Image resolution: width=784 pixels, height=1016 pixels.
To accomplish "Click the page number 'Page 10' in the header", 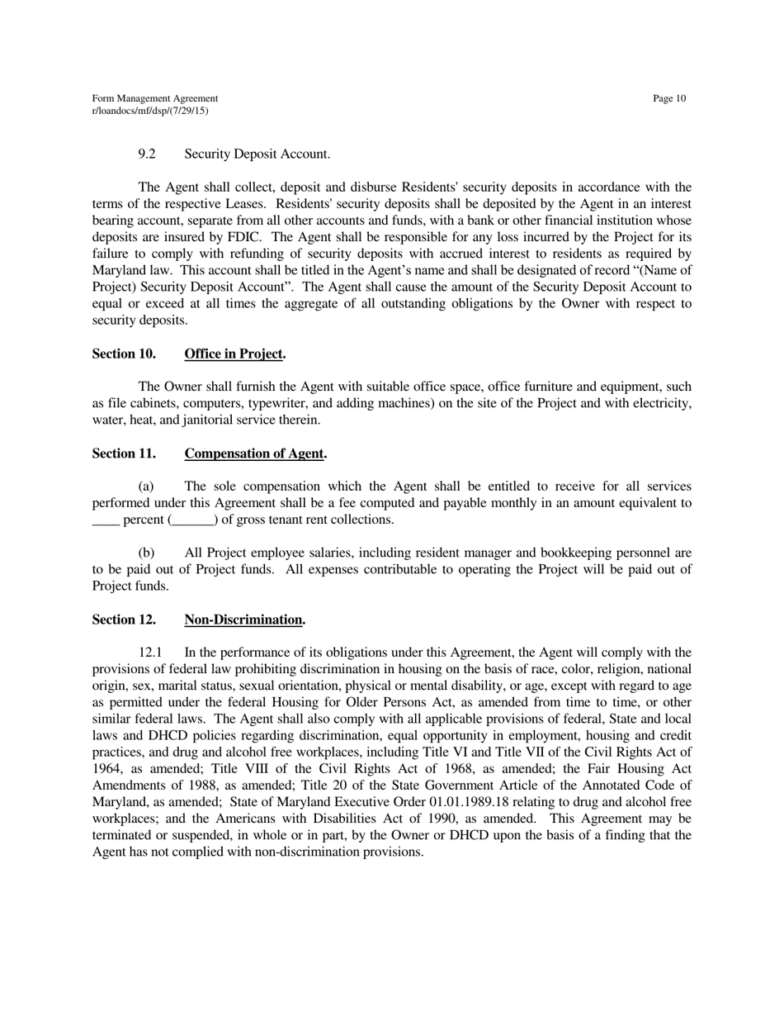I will (668, 99).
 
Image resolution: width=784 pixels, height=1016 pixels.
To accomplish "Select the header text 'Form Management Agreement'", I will (155, 99).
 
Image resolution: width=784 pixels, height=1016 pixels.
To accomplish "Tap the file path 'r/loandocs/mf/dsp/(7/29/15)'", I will (150, 110).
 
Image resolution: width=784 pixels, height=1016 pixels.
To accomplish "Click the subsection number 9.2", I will (147, 154).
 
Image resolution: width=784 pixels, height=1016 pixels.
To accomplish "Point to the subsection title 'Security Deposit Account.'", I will (257, 154).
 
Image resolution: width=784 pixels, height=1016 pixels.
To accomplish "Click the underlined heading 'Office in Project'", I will (233, 354).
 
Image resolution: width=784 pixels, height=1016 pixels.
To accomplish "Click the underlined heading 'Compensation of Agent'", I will (253, 453).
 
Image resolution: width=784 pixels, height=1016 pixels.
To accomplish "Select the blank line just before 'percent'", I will (105, 521).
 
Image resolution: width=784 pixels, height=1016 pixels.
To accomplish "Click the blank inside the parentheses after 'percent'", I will (193, 521).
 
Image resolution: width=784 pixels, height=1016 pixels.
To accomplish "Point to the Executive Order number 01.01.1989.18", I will (475, 802).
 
